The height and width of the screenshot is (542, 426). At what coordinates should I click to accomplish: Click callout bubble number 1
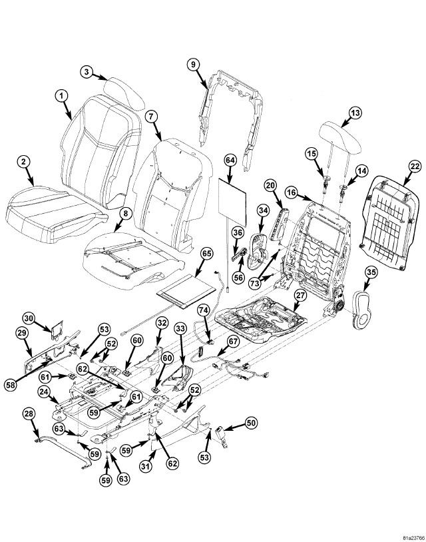click(61, 97)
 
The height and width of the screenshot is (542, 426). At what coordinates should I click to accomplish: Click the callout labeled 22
click(414, 166)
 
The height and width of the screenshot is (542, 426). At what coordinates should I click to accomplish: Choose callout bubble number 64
click(230, 161)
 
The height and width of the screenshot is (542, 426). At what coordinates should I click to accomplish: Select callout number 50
click(251, 422)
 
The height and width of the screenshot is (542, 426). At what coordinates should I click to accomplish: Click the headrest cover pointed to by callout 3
click(123, 90)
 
